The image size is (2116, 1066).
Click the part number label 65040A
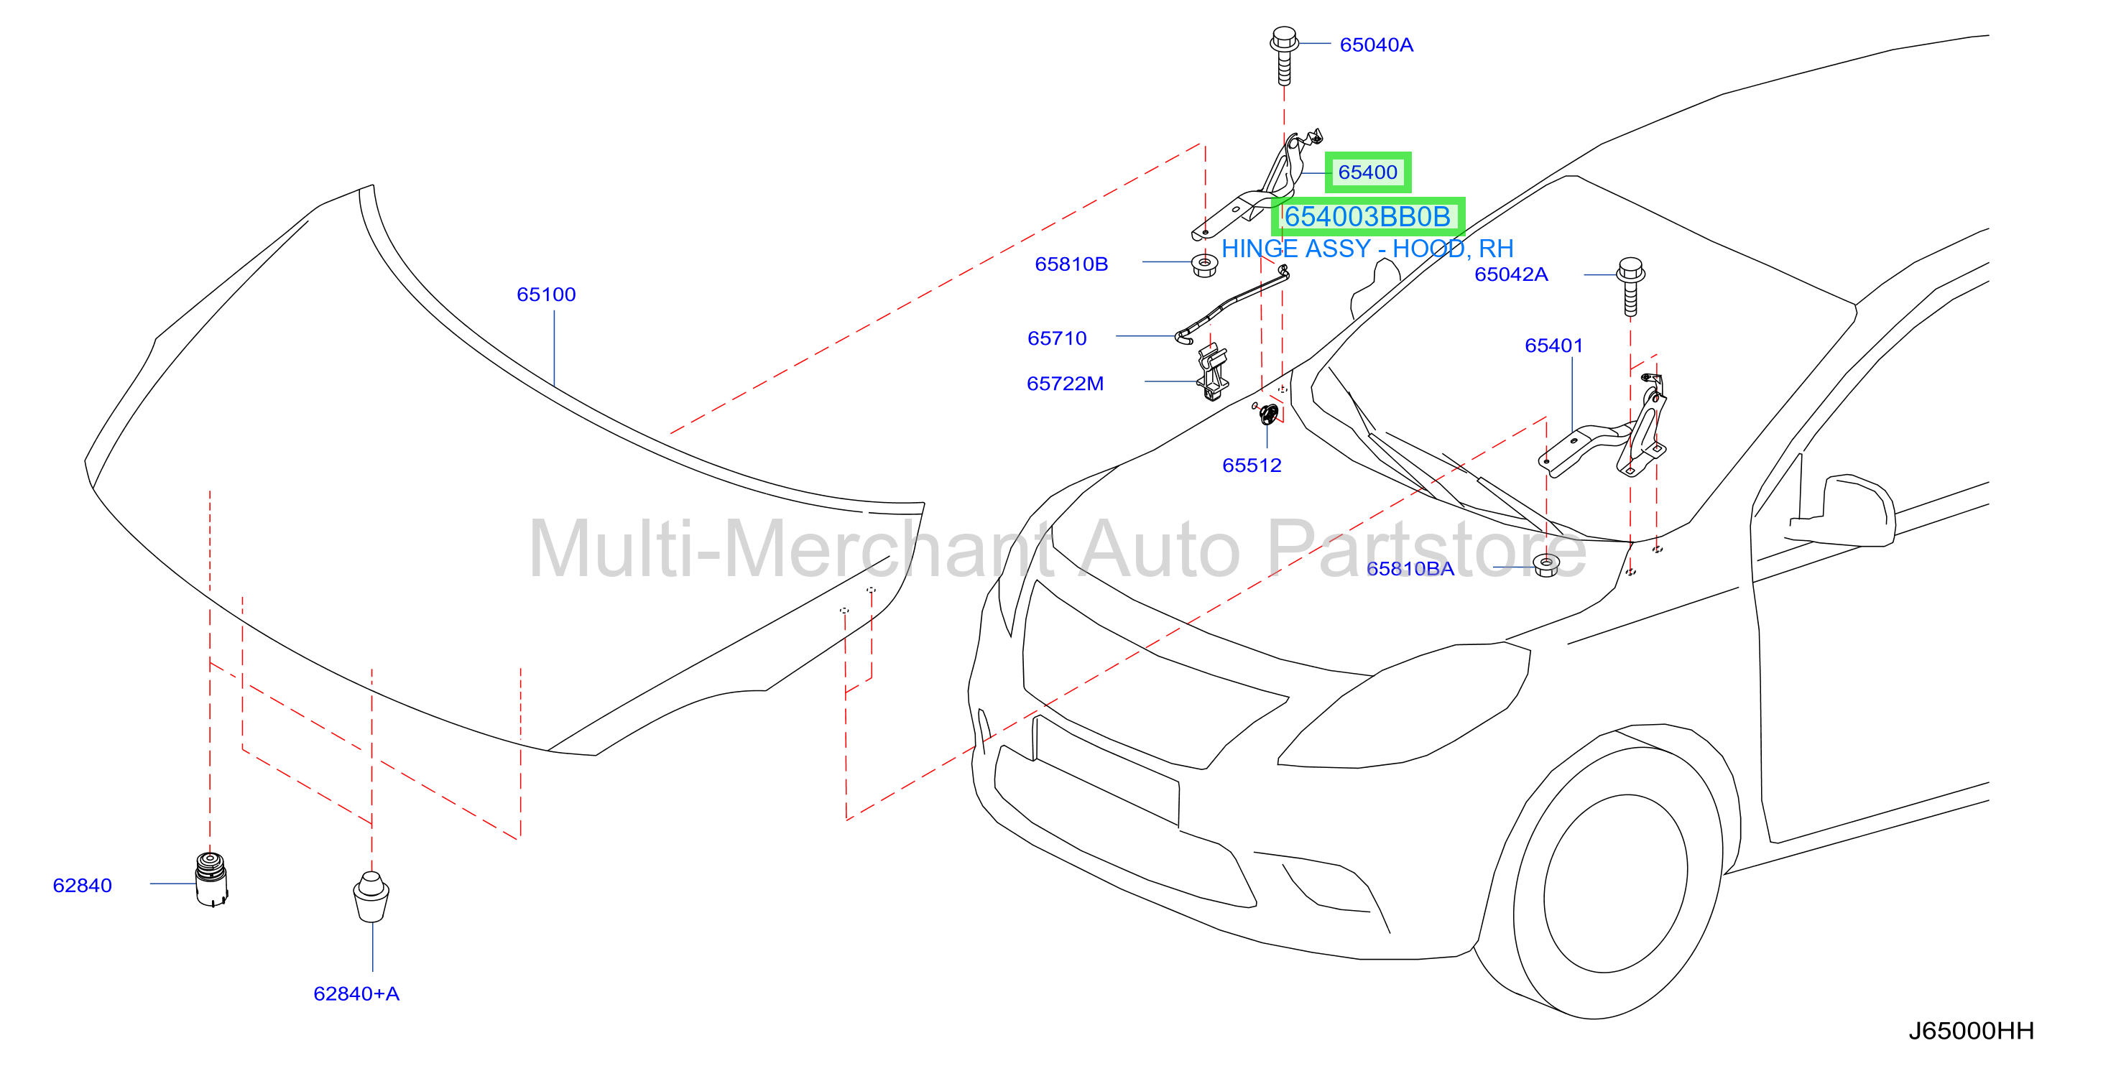pos(1376,45)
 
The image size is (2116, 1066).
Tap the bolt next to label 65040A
pos(1284,56)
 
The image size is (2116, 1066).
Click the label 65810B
pos(1071,264)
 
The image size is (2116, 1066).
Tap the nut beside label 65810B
pos(1204,265)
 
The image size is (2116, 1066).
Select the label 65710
pos(1056,338)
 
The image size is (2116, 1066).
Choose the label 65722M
pos(1065,384)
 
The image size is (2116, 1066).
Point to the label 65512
pos(1251,465)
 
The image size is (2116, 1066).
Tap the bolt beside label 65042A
pos(1630,287)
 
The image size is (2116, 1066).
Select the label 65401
pos(1553,346)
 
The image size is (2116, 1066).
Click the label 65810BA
pos(1410,568)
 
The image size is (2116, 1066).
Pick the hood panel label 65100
pos(545,294)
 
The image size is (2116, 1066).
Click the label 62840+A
pos(356,993)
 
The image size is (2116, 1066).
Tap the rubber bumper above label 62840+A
pos(371,896)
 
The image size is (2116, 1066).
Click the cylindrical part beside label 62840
pos(211,879)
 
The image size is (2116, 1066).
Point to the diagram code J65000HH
pos(1971,1031)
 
